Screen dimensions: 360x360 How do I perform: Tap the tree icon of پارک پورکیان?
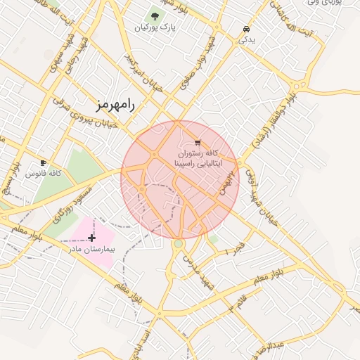click(155, 15)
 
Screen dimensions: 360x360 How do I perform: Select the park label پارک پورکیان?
click(155, 27)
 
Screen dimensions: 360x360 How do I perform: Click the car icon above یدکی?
click(246, 30)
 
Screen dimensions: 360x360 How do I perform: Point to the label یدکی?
click(247, 40)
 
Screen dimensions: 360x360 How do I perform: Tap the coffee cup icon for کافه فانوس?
click(44, 162)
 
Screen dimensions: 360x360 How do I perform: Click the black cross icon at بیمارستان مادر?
click(91, 238)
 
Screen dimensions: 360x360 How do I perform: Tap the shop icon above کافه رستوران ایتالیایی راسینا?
click(197, 142)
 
